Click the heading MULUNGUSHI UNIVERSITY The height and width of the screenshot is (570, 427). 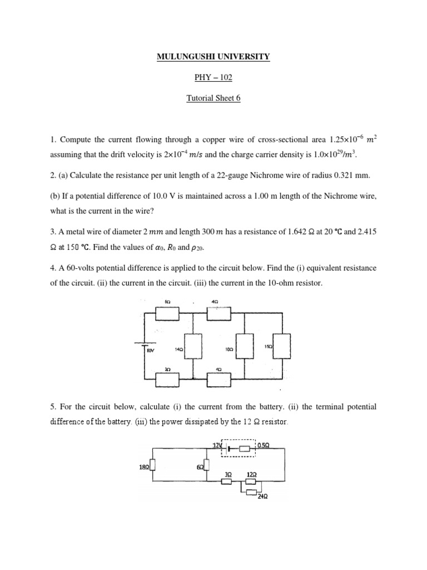click(213, 57)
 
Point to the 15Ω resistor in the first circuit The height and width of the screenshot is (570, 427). click(282, 347)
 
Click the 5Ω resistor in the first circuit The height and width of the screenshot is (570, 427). click(168, 313)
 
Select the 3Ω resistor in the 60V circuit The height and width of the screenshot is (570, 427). click(168, 380)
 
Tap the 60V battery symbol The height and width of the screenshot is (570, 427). click(145, 345)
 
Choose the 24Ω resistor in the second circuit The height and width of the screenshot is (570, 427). click(253, 492)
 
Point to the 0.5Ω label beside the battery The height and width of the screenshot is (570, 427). click(264, 445)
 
